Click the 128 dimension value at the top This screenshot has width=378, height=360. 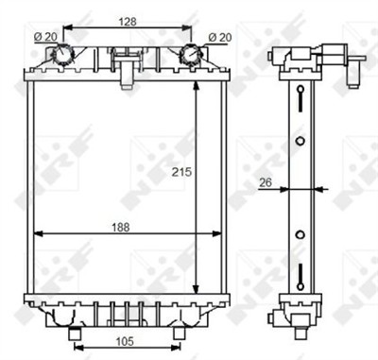point(127,20)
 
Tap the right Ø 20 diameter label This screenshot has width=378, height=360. point(218,37)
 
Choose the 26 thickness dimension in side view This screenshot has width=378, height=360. point(266,184)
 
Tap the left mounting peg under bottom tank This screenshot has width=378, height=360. point(74,333)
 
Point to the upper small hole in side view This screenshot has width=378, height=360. point(300,142)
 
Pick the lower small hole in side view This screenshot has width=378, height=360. point(300,233)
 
